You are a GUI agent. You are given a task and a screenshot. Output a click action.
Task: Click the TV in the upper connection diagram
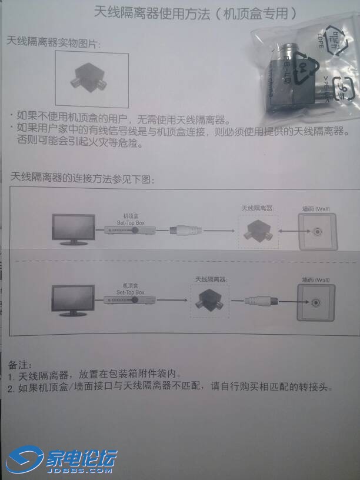point(74,228)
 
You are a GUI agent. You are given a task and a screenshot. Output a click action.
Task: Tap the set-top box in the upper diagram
point(125,230)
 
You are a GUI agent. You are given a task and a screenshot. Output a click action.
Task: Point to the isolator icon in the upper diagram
point(257,231)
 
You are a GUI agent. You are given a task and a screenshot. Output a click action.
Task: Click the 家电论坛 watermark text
point(82,457)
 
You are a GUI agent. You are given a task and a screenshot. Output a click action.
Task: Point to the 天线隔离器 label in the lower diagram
point(211,279)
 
